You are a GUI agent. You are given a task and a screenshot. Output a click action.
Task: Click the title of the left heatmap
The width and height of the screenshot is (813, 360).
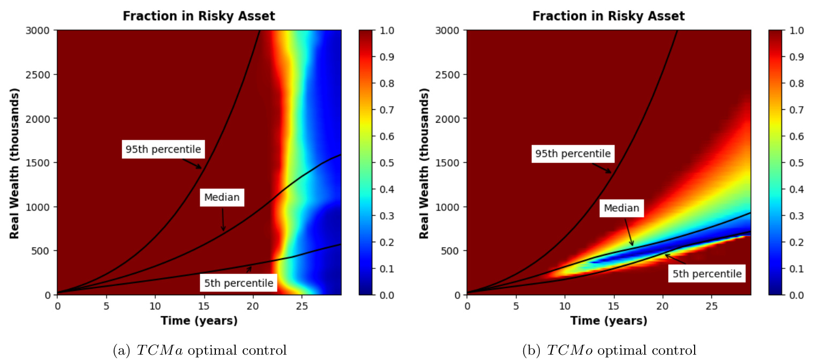pyautogui.click(x=199, y=16)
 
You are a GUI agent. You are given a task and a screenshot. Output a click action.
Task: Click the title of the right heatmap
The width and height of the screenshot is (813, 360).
pyautogui.click(x=608, y=16)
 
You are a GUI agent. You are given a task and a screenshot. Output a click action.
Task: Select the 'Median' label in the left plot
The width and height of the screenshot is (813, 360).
pyautogui.click(x=222, y=197)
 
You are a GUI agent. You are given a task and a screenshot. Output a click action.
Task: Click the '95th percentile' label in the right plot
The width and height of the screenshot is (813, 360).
pyautogui.click(x=573, y=154)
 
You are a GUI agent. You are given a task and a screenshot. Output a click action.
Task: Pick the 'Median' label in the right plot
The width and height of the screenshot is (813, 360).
pyautogui.click(x=621, y=208)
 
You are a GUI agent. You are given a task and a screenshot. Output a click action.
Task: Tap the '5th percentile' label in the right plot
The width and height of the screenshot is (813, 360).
pyautogui.click(x=707, y=274)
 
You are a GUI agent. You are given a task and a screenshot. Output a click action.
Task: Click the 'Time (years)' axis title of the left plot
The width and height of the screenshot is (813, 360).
pyautogui.click(x=199, y=321)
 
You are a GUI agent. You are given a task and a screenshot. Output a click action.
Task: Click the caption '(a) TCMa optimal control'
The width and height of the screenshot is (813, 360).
pyautogui.click(x=199, y=350)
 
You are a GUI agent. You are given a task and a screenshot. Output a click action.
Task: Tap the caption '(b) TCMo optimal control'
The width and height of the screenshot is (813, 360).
pyautogui.click(x=608, y=350)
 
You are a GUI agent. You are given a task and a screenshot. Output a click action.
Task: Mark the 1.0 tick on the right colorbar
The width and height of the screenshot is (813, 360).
pyautogui.click(x=796, y=31)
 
